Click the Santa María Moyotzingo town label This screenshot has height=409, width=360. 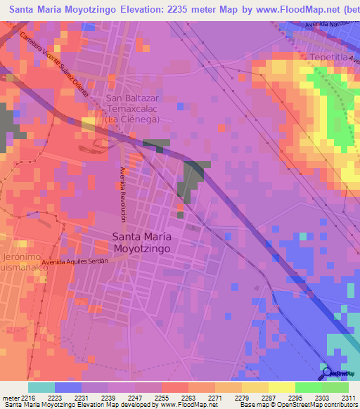142,242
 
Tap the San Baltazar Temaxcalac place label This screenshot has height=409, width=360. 133,109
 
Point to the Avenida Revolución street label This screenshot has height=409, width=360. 122,196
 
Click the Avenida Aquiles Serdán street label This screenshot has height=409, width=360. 77,261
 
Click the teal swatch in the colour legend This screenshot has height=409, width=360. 41,387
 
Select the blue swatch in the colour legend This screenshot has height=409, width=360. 67,387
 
